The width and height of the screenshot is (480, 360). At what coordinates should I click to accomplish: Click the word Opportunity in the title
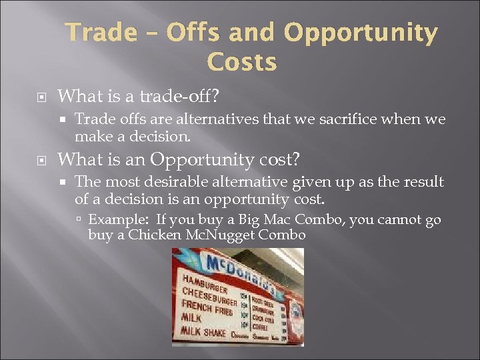tap(361, 33)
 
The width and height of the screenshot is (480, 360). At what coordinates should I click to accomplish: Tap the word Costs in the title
tap(241, 62)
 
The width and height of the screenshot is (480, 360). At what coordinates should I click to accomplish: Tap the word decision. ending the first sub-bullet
tap(166, 136)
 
